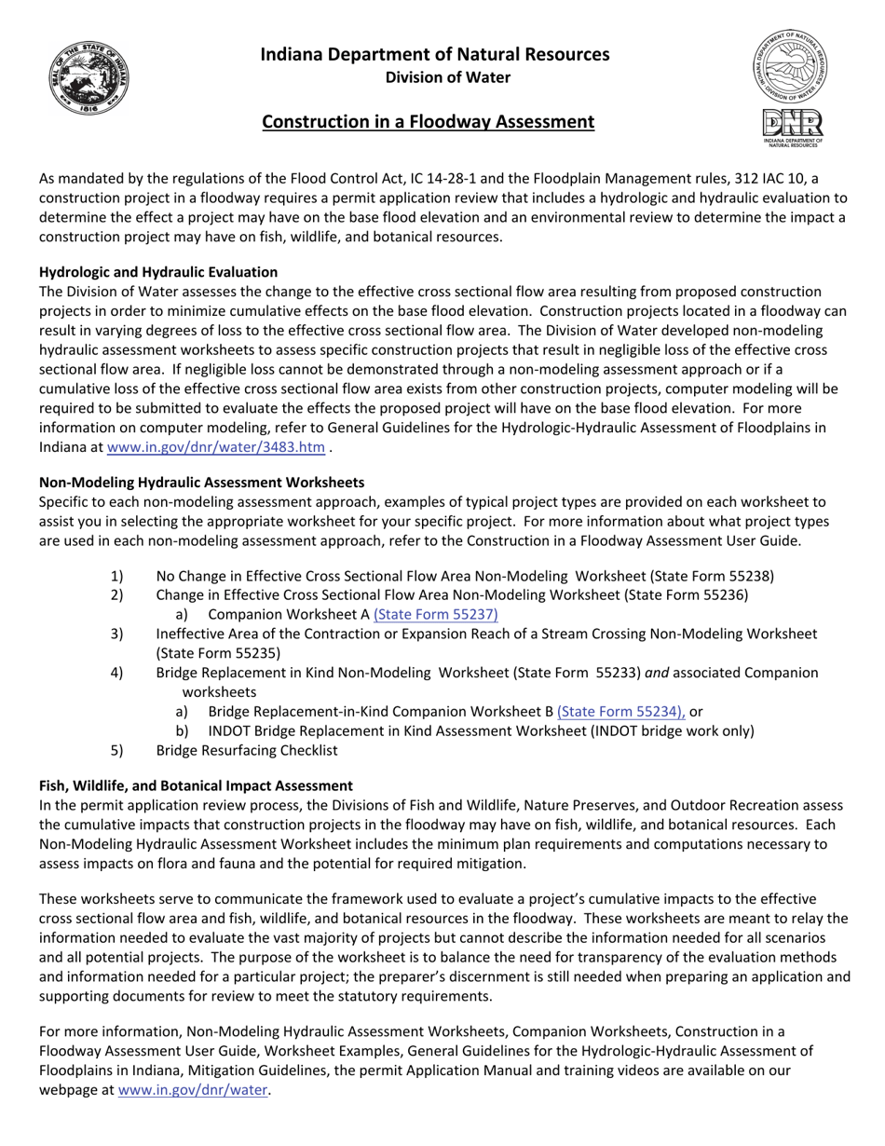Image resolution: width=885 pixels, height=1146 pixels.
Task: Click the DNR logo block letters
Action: coord(792,124)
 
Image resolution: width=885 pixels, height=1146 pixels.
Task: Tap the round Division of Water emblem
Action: coord(792,65)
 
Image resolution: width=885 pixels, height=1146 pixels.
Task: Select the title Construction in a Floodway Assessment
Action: coord(428,122)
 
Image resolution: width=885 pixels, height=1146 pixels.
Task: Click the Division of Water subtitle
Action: coord(448,77)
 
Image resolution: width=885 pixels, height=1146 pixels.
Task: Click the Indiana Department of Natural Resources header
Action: coord(435,54)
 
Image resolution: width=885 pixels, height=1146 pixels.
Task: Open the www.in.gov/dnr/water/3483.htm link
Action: coord(216,447)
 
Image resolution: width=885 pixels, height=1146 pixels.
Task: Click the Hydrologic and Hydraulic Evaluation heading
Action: coord(158,272)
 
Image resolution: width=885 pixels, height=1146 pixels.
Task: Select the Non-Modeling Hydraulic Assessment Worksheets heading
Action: coord(202,483)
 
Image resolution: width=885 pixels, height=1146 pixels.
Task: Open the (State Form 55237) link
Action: coord(436,615)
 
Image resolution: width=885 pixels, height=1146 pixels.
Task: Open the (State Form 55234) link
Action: coord(620,712)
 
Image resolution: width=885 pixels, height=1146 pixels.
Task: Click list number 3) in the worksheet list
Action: coord(116,634)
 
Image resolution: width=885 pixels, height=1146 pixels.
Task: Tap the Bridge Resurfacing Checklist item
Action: coord(247,751)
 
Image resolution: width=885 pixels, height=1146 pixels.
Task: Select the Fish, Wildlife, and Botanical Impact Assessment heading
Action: coord(196,786)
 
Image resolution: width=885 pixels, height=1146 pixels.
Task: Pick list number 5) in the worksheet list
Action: coord(116,751)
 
